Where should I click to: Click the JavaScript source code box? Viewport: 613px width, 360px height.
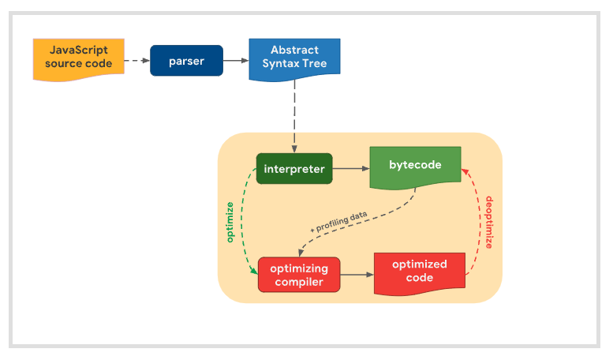(x=78, y=58)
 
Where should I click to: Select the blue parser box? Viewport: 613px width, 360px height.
(x=186, y=61)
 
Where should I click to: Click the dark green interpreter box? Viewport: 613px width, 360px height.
(x=294, y=168)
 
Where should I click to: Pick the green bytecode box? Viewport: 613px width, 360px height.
(x=415, y=166)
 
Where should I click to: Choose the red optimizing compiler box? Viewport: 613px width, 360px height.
(x=298, y=275)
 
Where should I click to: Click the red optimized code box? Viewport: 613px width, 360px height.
(x=419, y=271)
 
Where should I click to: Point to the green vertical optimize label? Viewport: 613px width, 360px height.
(x=230, y=222)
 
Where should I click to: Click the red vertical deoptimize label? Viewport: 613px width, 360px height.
(x=489, y=223)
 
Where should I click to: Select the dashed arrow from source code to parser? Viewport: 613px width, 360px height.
(x=136, y=60)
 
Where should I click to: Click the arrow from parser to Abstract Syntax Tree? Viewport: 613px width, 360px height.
(x=235, y=60)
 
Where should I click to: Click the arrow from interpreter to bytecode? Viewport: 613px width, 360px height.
(x=352, y=168)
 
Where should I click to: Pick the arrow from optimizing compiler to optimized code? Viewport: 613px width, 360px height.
(x=357, y=275)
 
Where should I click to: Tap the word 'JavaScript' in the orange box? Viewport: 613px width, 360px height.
(x=78, y=50)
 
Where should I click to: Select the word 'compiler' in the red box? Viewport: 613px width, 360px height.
(x=298, y=282)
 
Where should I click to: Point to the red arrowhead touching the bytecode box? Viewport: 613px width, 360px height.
(x=466, y=168)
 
